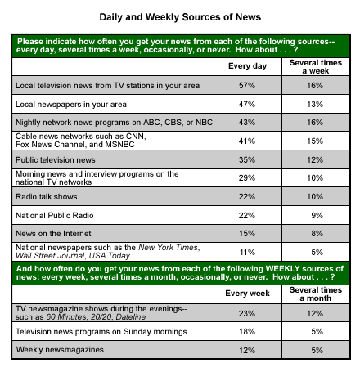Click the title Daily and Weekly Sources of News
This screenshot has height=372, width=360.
pyautogui.click(x=180, y=17)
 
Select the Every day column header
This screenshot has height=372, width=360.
pyautogui.click(x=247, y=66)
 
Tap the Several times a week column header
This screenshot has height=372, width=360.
pyautogui.click(x=316, y=67)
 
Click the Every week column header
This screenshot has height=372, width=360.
pyautogui.click(x=247, y=294)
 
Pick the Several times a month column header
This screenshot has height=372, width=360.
pyautogui.click(x=316, y=294)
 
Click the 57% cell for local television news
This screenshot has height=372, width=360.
pyautogui.click(x=247, y=86)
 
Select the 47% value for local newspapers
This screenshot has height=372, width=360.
pyautogui.click(x=247, y=104)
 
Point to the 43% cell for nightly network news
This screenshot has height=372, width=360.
pyautogui.click(x=247, y=122)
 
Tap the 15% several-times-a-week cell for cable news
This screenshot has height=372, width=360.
pyautogui.click(x=315, y=141)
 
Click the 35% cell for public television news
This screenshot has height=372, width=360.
pyautogui.click(x=247, y=159)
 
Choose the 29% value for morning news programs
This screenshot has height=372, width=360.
pyautogui.click(x=247, y=178)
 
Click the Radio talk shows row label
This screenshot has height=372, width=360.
pyautogui.click(x=47, y=197)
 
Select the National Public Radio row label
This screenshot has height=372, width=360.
pyautogui.click(x=55, y=216)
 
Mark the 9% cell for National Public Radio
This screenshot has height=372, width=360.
pyautogui.click(x=317, y=216)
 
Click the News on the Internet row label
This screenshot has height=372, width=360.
pyautogui.click(x=53, y=234)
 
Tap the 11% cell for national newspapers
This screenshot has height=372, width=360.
pyautogui.click(x=247, y=253)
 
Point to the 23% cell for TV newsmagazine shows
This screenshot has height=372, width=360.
pyautogui.click(x=247, y=314)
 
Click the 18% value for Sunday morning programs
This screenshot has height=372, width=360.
pyautogui.click(x=247, y=332)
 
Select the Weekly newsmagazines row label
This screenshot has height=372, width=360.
pyautogui.click(x=60, y=350)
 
